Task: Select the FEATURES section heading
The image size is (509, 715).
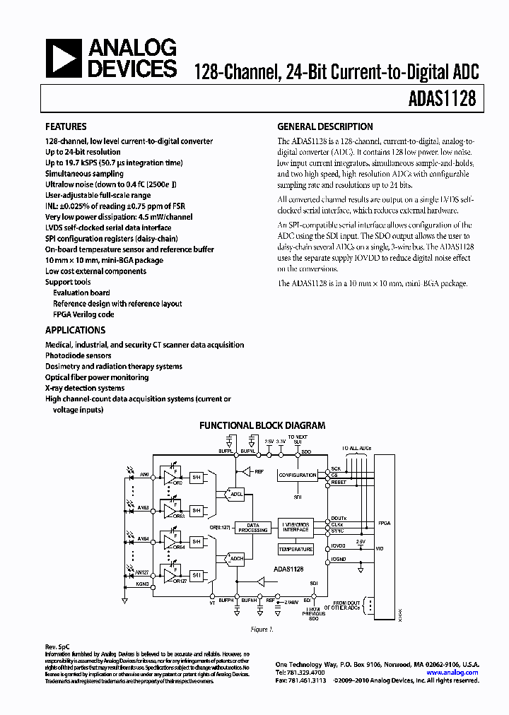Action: tap(66, 127)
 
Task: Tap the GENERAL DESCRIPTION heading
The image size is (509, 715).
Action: tap(324, 127)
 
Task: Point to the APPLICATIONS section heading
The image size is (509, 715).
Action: tap(75, 330)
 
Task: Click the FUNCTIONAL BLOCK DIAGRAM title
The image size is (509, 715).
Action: tap(262, 425)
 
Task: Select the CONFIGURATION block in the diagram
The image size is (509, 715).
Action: tap(297, 475)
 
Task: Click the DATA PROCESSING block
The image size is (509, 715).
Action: tap(253, 527)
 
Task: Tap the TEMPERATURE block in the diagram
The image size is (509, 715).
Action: tap(296, 549)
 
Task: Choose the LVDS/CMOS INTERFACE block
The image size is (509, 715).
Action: tap(296, 526)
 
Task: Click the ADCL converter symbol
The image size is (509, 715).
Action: tap(236, 495)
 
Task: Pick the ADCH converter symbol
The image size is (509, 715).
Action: tap(236, 559)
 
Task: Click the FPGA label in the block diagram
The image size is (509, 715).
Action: tap(385, 524)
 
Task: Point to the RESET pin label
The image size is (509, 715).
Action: tap(339, 483)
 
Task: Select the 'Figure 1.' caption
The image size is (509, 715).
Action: tap(262, 628)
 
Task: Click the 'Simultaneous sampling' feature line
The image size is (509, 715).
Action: tap(84, 174)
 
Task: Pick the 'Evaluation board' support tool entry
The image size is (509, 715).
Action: tap(81, 292)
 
